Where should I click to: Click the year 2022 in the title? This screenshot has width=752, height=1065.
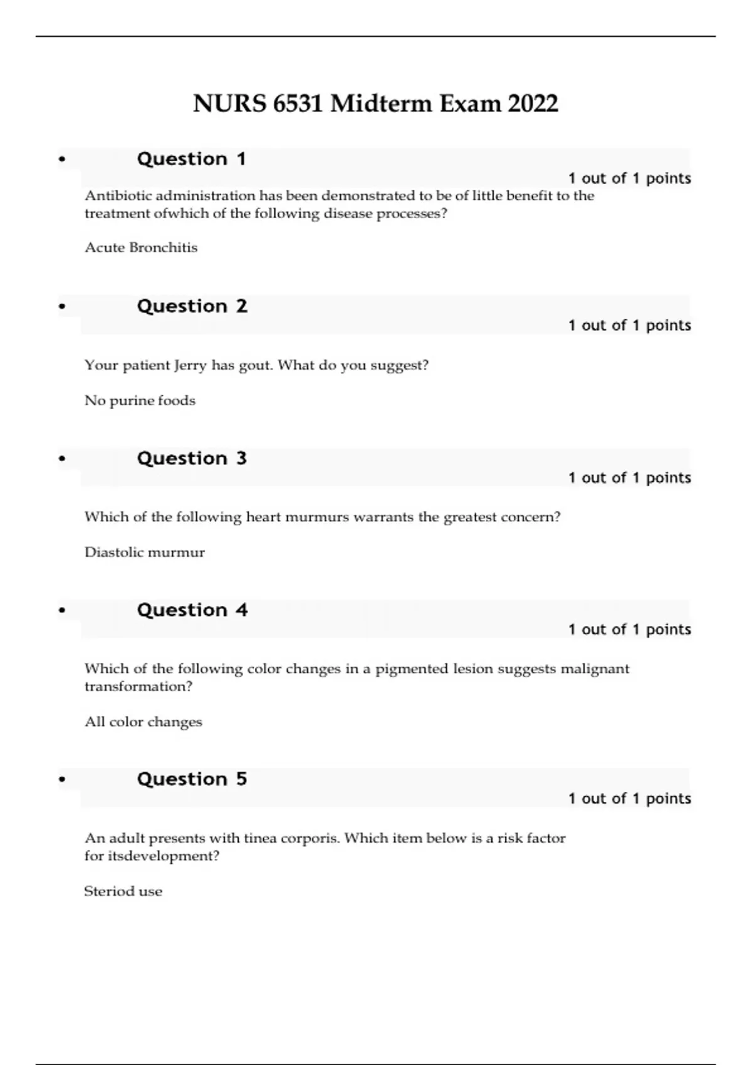click(x=533, y=103)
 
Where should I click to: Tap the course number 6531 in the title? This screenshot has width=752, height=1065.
click(x=298, y=103)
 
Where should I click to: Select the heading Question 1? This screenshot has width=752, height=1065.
click(x=191, y=159)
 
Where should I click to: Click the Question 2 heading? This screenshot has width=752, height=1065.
click(x=192, y=306)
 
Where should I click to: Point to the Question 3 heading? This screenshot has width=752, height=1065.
click(x=192, y=459)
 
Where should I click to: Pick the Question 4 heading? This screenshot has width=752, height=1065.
click(x=192, y=610)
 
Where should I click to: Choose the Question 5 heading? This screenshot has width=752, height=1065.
click(x=192, y=779)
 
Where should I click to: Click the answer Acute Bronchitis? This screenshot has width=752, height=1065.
click(x=141, y=247)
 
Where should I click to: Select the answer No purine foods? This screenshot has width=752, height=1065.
click(x=140, y=400)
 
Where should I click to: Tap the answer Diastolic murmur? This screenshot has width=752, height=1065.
click(x=145, y=553)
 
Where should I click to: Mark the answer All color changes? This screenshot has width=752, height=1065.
click(x=144, y=722)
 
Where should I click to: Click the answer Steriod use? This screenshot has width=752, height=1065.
click(x=123, y=891)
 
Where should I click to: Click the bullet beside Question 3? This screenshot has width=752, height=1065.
click(x=61, y=459)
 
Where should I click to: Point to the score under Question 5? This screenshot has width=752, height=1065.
click(x=629, y=799)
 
